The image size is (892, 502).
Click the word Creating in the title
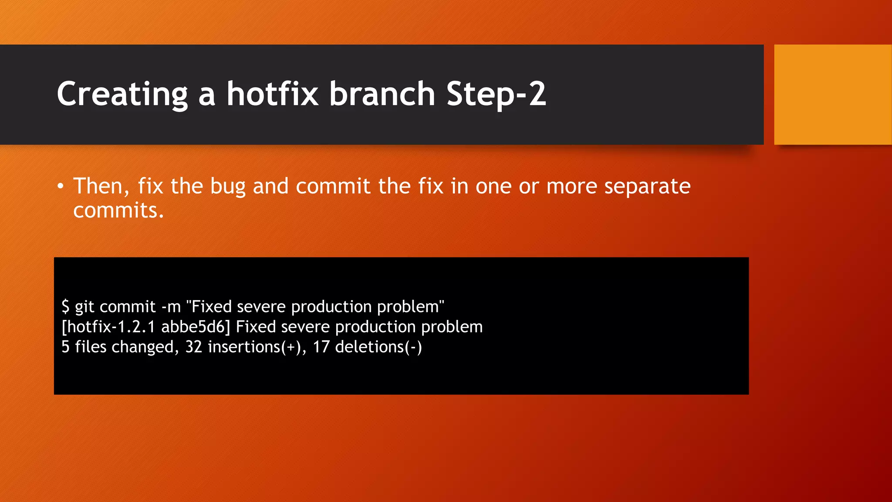point(122,94)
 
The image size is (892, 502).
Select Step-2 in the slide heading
point(496,94)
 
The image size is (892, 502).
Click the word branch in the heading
point(382,94)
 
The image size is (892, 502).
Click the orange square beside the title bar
point(832,95)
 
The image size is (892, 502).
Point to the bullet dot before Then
point(61,187)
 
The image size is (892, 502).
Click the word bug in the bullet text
point(228,187)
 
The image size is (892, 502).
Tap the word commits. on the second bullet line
point(118,210)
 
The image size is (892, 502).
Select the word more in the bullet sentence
point(572,187)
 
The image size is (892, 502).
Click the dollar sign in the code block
point(65,307)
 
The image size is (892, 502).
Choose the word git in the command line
point(84,307)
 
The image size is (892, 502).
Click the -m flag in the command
point(171,307)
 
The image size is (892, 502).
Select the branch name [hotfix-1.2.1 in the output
point(108,327)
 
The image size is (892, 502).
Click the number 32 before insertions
point(194,347)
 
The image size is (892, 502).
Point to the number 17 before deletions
point(321,347)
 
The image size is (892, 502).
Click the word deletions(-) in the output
point(378,347)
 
